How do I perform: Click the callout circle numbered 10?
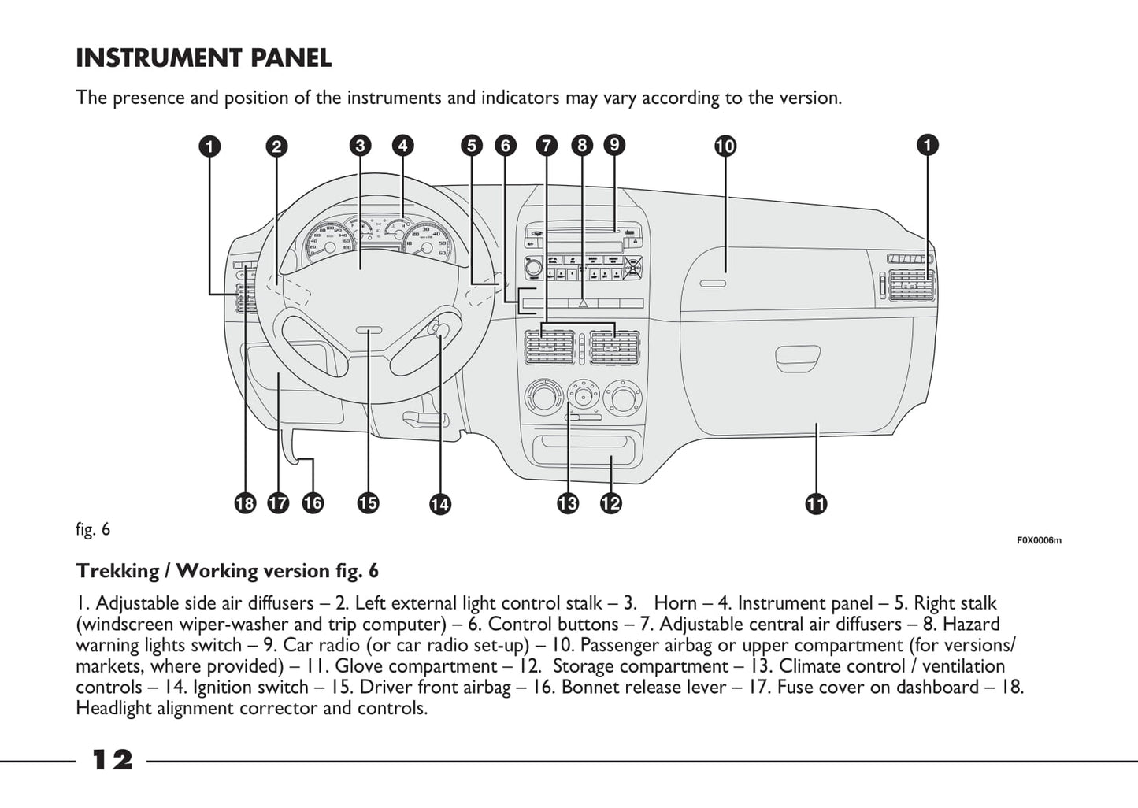pyautogui.click(x=725, y=146)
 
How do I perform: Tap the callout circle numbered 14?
pyautogui.click(x=439, y=504)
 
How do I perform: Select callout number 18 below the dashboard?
pyautogui.click(x=246, y=502)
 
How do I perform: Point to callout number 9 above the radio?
pyautogui.click(x=614, y=144)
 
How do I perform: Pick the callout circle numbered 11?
pyautogui.click(x=816, y=504)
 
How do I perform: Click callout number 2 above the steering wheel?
pyautogui.click(x=276, y=146)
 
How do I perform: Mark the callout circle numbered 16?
pyautogui.click(x=313, y=502)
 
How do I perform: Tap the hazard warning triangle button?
pyautogui.click(x=583, y=302)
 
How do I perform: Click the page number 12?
pyautogui.click(x=113, y=760)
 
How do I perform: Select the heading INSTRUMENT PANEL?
pyautogui.click(x=203, y=57)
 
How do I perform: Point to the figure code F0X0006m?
pyautogui.click(x=1038, y=540)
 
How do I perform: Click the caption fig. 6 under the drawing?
pyautogui.click(x=93, y=529)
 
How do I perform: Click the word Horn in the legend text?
pyautogui.click(x=675, y=603)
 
